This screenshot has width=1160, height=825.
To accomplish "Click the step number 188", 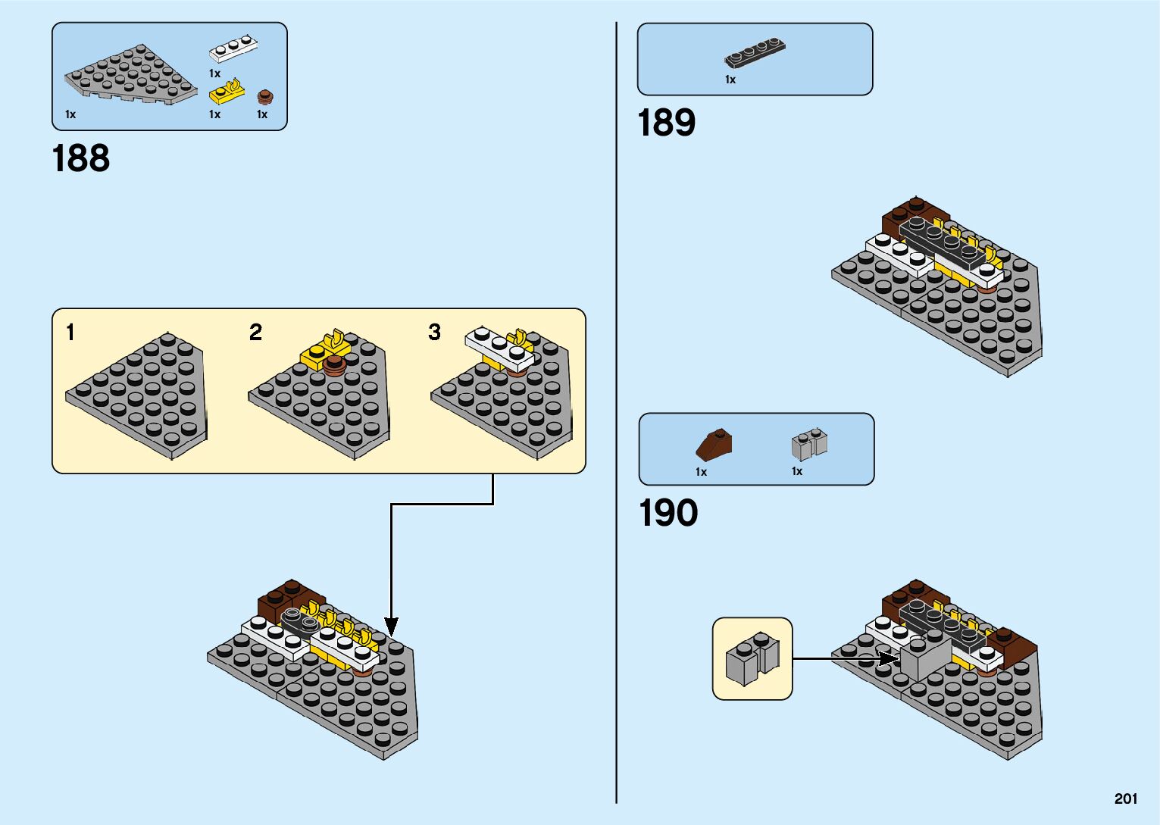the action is [x=81, y=158].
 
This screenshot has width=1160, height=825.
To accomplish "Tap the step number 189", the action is [x=667, y=123].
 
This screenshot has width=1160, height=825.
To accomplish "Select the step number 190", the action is [x=668, y=513].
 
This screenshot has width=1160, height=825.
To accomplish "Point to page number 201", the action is [x=1126, y=798].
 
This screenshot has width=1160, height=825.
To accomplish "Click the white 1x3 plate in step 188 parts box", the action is [x=233, y=48].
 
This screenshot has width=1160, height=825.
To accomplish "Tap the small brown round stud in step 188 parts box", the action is [x=265, y=97].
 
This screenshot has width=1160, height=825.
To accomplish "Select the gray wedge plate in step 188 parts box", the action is [x=131, y=74].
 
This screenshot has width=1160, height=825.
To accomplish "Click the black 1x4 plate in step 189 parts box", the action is [x=755, y=52].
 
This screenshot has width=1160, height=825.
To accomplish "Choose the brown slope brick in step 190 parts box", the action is [x=714, y=445].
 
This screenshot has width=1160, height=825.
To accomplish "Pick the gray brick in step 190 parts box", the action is [x=809, y=444].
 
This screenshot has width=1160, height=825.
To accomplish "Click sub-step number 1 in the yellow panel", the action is [x=71, y=332].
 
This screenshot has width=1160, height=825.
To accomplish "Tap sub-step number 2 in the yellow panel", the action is [x=255, y=332].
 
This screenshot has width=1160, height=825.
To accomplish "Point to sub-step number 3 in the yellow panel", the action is [x=434, y=332].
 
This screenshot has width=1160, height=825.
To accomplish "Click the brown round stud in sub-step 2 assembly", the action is [x=335, y=365].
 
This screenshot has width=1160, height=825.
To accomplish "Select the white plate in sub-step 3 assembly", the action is [x=499, y=348].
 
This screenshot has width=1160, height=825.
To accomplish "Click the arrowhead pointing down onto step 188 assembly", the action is [x=391, y=627].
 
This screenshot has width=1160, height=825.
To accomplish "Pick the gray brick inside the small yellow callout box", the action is [x=752, y=659].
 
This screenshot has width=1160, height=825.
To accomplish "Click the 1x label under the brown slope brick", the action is [x=701, y=472].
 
